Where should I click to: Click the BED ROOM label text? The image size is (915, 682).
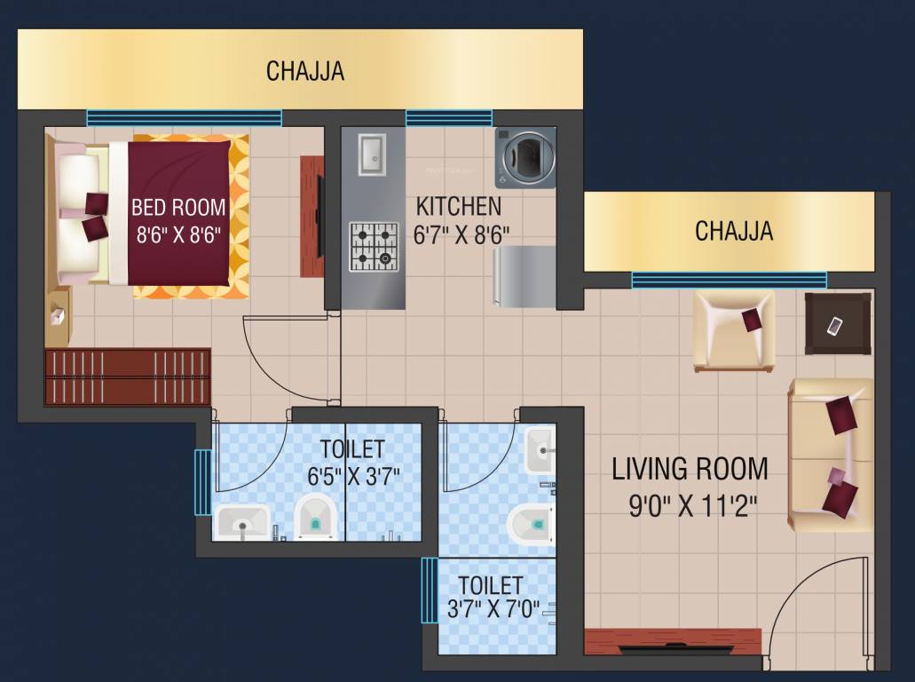178,207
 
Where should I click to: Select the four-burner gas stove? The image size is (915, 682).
373,246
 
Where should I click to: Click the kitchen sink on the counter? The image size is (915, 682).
371,154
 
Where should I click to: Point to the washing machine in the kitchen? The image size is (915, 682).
525,157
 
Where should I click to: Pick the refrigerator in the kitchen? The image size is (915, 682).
525,276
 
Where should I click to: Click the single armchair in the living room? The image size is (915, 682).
733,329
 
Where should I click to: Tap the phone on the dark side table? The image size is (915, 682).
834,326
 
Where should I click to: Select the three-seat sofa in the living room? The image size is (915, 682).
831,455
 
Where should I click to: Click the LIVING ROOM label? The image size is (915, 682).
690,468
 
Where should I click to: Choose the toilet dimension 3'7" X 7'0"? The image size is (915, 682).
494,610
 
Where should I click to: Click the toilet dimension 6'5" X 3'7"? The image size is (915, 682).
353,475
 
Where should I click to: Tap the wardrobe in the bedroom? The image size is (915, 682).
127,377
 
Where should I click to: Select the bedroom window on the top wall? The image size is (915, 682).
184,118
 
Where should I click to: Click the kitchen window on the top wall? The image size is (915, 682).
449,118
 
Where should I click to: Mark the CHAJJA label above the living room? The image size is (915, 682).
734,231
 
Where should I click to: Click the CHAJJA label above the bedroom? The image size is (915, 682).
304,71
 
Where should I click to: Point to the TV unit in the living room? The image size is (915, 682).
673,641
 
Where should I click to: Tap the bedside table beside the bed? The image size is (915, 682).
59,317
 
